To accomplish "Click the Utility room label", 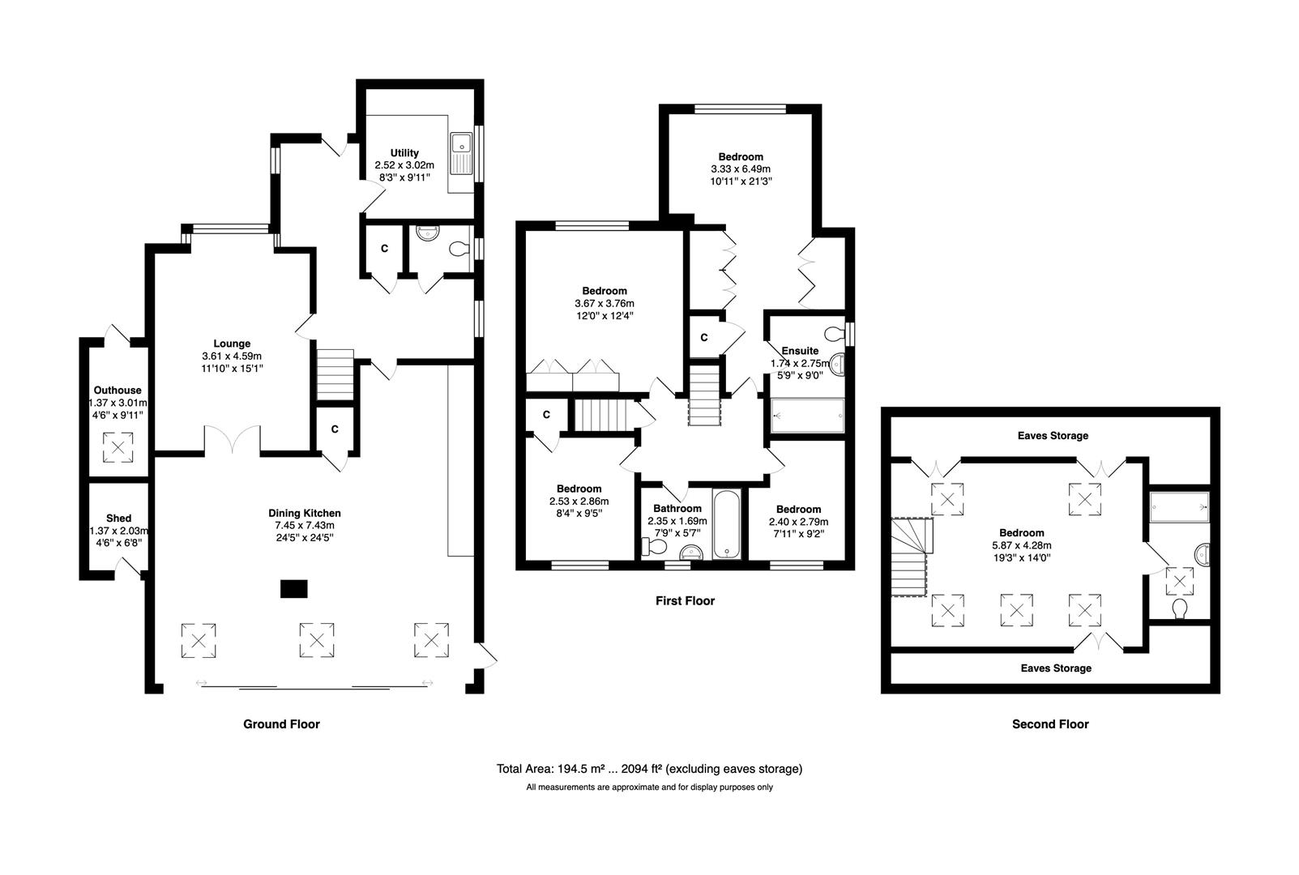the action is [404, 153].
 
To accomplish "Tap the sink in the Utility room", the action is [462, 154].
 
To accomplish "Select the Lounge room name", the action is [232, 344].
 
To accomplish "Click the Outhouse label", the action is [118, 391].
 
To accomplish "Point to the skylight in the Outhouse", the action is [118, 447].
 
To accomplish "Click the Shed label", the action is [118, 519].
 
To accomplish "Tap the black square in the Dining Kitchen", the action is [294, 589].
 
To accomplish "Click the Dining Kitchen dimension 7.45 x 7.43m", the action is [305, 525].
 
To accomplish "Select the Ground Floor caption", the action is [281, 724].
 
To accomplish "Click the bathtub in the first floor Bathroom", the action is [727, 525].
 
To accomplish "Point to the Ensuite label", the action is [800, 351].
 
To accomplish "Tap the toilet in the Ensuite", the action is [835, 334].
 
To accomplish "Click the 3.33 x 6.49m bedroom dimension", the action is [741, 169].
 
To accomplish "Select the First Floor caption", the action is [685, 601].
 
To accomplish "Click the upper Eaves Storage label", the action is [1053, 436].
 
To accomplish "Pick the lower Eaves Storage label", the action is [1056, 668].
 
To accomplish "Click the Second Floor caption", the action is [1050, 724].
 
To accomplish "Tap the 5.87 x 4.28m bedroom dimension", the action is [1021, 545].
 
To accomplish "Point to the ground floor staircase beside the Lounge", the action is [335, 374].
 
